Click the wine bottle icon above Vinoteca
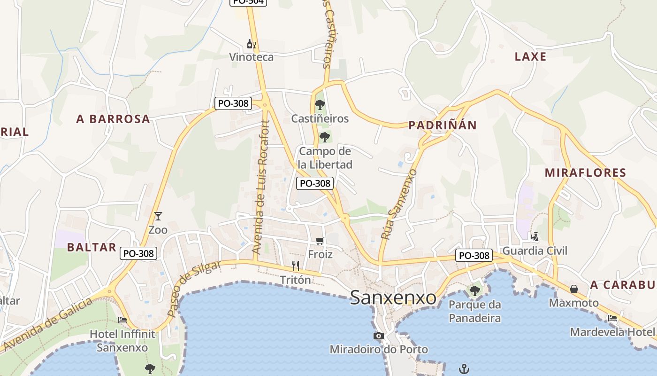(x=251, y=44)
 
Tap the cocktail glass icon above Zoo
(x=158, y=216)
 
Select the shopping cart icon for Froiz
(x=320, y=241)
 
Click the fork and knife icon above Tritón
(x=296, y=266)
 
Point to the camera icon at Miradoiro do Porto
(x=379, y=336)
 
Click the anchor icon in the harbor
(x=464, y=368)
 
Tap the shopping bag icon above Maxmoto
(x=573, y=289)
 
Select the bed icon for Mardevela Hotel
(x=612, y=318)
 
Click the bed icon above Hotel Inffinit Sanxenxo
(x=122, y=320)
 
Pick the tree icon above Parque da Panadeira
(x=475, y=290)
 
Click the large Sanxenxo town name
(x=393, y=298)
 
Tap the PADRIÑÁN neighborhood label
(x=443, y=125)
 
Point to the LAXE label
(x=531, y=57)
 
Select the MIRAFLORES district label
(x=586, y=172)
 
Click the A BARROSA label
(x=113, y=119)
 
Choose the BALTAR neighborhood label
(x=92, y=247)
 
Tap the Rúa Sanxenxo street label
(x=399, y=204)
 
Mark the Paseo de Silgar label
(x=193, y=288)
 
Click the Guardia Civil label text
(x=535, y=251)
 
